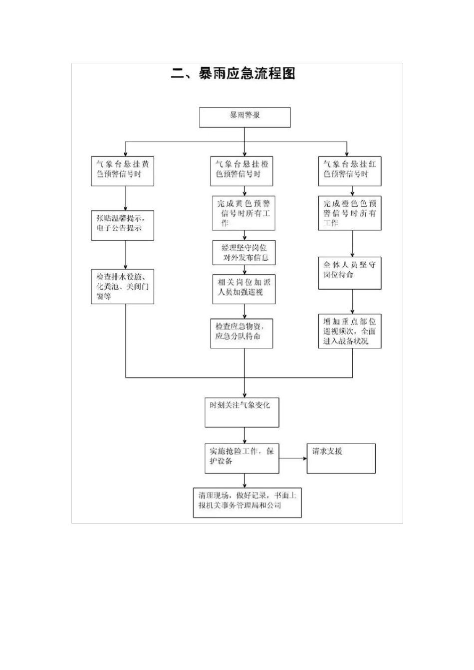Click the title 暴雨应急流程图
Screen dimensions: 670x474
click(x=233, y=74)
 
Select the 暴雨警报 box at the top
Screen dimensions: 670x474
click(x=244, y=117)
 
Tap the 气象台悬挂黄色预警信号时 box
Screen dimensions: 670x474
click(x=122, y=171)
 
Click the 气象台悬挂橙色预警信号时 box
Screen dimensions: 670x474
click(x=242, y=171)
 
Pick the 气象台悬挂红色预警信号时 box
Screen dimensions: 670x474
click(x=350, y=171)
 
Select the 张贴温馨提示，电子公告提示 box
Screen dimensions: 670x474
click(x=122, y=225)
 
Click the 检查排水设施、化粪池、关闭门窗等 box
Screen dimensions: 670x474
click(x=122, y=287)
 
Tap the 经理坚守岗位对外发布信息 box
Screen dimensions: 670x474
click(x=244, y=252)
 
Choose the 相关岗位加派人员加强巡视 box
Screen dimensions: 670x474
click(x=244, y=289)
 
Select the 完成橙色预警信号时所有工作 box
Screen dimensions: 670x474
click(x=350, y=213)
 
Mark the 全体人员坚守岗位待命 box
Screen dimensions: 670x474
click(x=350, y=273)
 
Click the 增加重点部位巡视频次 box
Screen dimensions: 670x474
click(x=350, y=331)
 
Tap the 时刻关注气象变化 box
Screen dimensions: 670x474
click(x=241, y=412)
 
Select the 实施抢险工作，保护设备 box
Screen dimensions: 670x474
click(x=241, y=458)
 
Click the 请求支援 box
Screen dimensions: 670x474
click(x=341, y=458)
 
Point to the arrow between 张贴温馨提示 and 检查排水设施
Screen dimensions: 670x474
click(x=125, y=255)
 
